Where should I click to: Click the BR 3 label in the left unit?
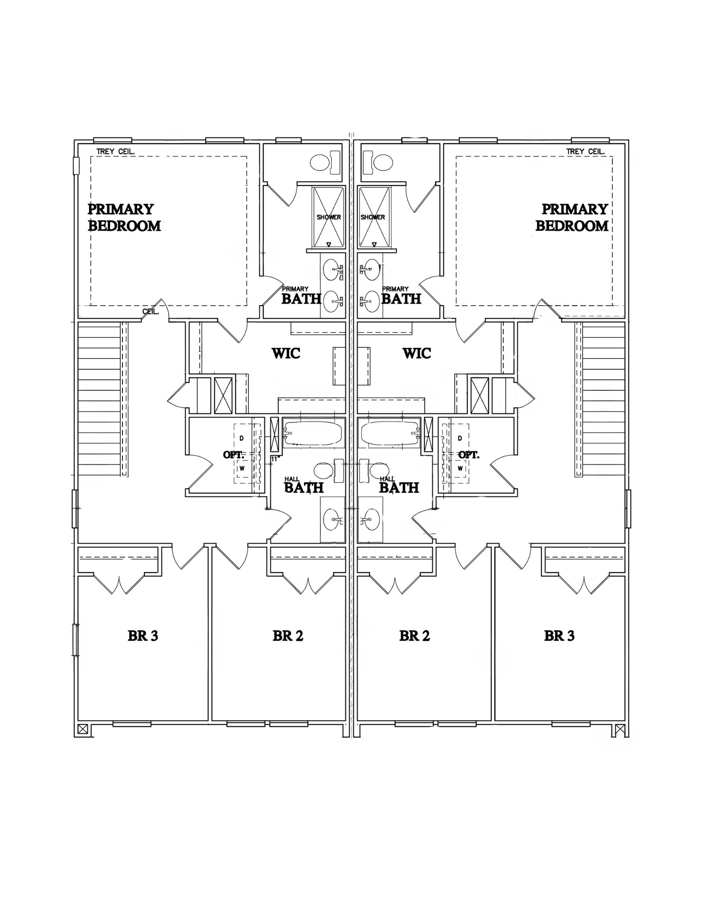143,636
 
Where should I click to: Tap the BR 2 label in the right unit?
414,636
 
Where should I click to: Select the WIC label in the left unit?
286,353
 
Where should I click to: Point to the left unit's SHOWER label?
329,217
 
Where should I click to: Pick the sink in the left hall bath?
332,520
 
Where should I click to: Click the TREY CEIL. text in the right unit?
585,151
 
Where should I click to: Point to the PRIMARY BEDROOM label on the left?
124,218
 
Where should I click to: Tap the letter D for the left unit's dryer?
242,438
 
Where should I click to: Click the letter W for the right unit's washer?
460,468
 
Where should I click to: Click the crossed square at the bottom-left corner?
83,729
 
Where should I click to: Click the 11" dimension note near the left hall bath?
275,458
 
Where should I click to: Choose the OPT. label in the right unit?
469,455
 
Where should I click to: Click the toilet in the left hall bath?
325,471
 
